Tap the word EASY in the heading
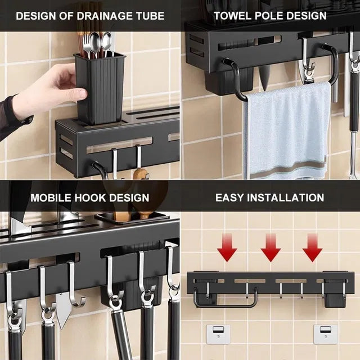coord(231,197)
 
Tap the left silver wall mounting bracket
coord(215,334)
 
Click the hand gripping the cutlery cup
coord(53,90)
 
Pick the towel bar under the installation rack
coord(225,304)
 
